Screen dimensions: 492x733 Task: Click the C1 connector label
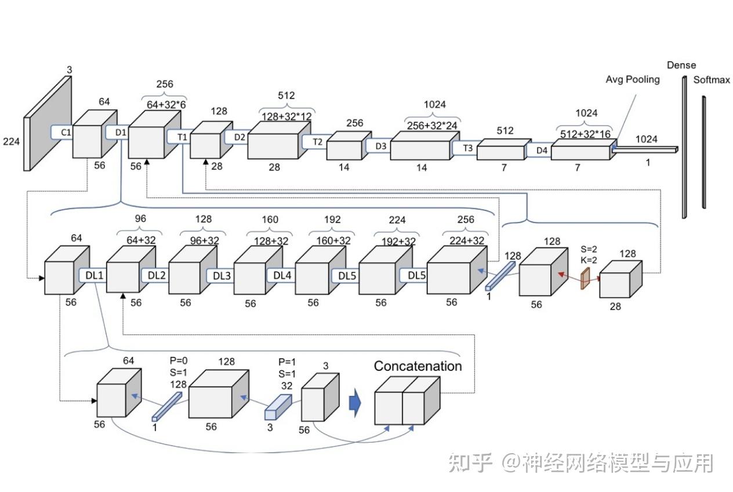pos(66,133)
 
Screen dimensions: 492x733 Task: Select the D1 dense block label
pos(121,133)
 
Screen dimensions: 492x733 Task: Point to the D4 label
pos(542,151)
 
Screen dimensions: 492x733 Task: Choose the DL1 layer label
pos(94,275)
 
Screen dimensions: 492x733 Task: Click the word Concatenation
pos(418,366)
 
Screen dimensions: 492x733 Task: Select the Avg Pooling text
pos(633,79)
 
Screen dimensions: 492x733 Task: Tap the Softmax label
pos(712,80)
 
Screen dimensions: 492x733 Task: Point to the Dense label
pos(681,65)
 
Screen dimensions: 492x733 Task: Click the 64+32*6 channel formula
pos(166,104)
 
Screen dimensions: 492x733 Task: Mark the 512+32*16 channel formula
pos(586,133)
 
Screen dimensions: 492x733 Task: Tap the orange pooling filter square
pos(585,278)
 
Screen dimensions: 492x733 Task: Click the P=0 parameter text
pos(177,359)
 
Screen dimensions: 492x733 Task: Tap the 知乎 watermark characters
pos(470,463)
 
